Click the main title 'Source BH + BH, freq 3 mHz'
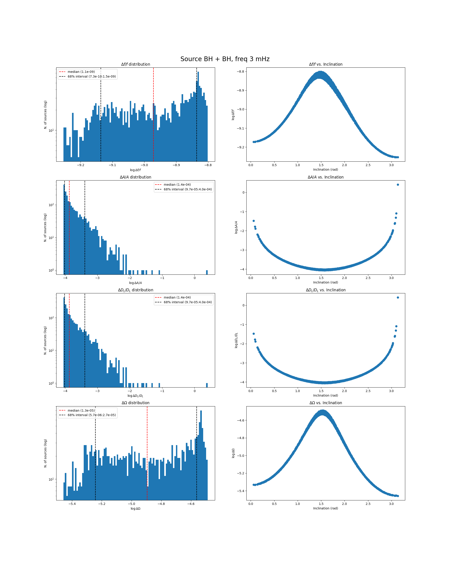[x=225, y=59]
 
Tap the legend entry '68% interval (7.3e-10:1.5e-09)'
[x=92, y=76]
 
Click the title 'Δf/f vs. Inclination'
[x=326, y=64]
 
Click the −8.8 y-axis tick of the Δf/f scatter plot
[x=241, y=71]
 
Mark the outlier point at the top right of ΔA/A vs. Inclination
[x=398, y=185]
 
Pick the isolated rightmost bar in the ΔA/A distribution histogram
[x=207, y=272]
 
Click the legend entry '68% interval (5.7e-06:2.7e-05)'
[x=92, y=415]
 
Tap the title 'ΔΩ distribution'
[x=135, y=403]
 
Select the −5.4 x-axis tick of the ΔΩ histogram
[x=72, y=504]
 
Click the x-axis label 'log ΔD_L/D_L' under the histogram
[x=135, y=396]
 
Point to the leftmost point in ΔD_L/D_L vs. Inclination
[x=254, y=334]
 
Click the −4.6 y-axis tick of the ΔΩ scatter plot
[x=241, y=420]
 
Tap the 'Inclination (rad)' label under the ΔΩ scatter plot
[x=326, y=508]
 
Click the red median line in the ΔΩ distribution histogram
[x=147, y=454]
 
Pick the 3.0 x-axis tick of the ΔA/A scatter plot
[x=391, y=278]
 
